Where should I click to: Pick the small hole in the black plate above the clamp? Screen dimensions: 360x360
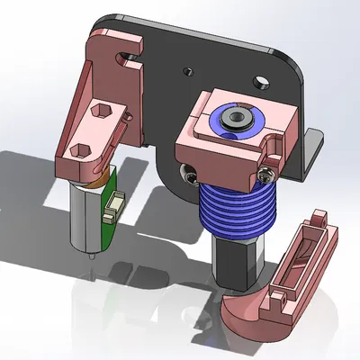pyautogui.click(x=188, y=70)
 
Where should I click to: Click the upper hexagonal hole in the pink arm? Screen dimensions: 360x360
pyautogui.click(x=101, y=113)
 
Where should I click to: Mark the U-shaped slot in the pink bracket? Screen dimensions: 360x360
pyautogui.click(x=126, y=60)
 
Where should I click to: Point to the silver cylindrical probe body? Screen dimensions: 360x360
pyautogui.click(x=88, y=220)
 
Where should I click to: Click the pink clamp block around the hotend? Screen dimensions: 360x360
pyautogui.click(x=216, y=153)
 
